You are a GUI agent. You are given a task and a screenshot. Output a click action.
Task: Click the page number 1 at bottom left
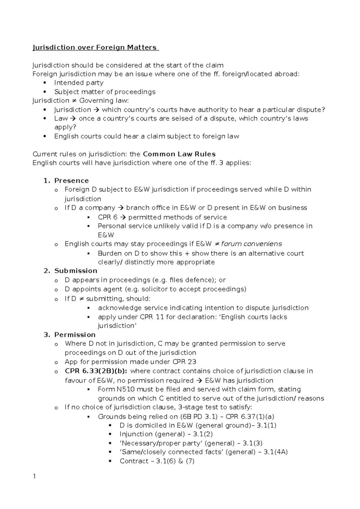[34, 476]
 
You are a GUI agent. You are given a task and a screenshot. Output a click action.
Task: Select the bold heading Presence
[71, 181]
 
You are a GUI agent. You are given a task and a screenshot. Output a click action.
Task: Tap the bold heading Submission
[76, 271]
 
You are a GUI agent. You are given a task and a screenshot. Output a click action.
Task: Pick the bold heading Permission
[75, 335]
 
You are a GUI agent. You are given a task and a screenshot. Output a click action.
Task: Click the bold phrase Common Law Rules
[179, 154]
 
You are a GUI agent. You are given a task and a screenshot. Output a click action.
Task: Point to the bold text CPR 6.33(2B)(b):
[96, 371]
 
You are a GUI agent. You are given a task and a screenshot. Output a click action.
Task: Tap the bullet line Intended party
[79, 83]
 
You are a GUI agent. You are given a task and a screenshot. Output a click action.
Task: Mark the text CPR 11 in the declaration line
[152, 317]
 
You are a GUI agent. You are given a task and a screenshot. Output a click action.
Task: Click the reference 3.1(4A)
[275, 452]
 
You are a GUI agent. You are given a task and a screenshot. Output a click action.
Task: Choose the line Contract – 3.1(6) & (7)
[157, 461]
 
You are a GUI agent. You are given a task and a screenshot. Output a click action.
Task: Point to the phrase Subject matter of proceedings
[105, 92]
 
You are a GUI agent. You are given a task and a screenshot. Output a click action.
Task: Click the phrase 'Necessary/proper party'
[158, 443]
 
